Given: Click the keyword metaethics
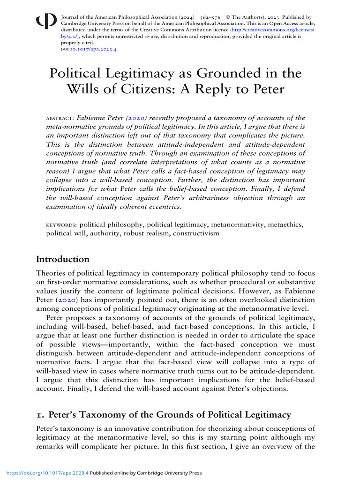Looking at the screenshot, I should point(286,225).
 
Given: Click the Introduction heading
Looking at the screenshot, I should point(63,259).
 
